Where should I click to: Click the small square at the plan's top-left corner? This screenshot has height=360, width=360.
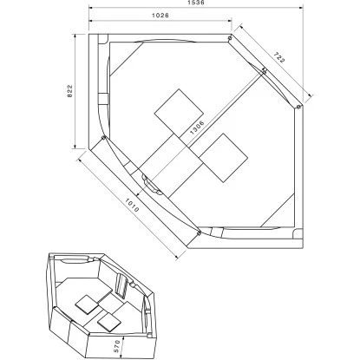(x=103, y=39)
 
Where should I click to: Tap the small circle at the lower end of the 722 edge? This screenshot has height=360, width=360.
(x=298, y=107)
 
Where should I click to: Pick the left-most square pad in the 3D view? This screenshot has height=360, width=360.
(x=87, y=303)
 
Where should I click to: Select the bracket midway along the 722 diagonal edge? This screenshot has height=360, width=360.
(x=263, y=71)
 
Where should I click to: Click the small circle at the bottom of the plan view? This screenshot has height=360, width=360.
(x=199, y=232)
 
